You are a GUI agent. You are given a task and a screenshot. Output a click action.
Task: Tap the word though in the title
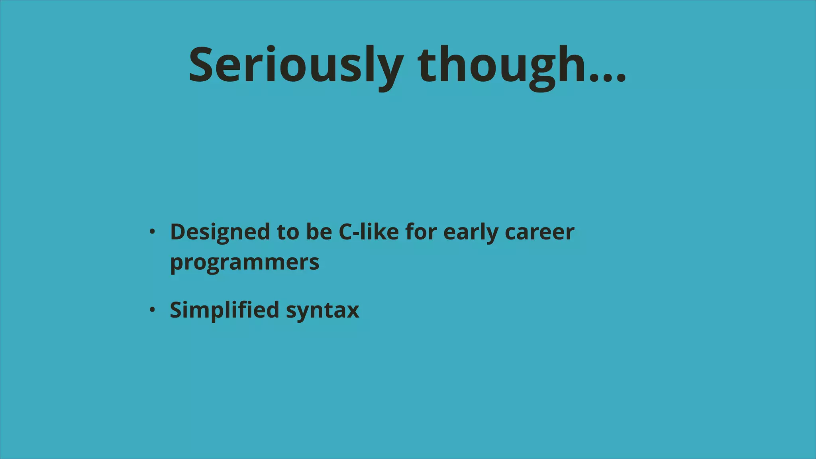coord(502,66)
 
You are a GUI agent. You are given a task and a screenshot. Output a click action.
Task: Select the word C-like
coord(369,232)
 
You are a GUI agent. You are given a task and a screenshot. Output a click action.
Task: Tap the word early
coord(470,232)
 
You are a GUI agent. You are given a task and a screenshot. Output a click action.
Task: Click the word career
coord(539,232)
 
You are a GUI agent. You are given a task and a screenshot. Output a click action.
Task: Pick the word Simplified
coord(224,310)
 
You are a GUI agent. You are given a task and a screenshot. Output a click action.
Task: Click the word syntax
coord(323,310)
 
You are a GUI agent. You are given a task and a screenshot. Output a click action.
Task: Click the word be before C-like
coord(319,232)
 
